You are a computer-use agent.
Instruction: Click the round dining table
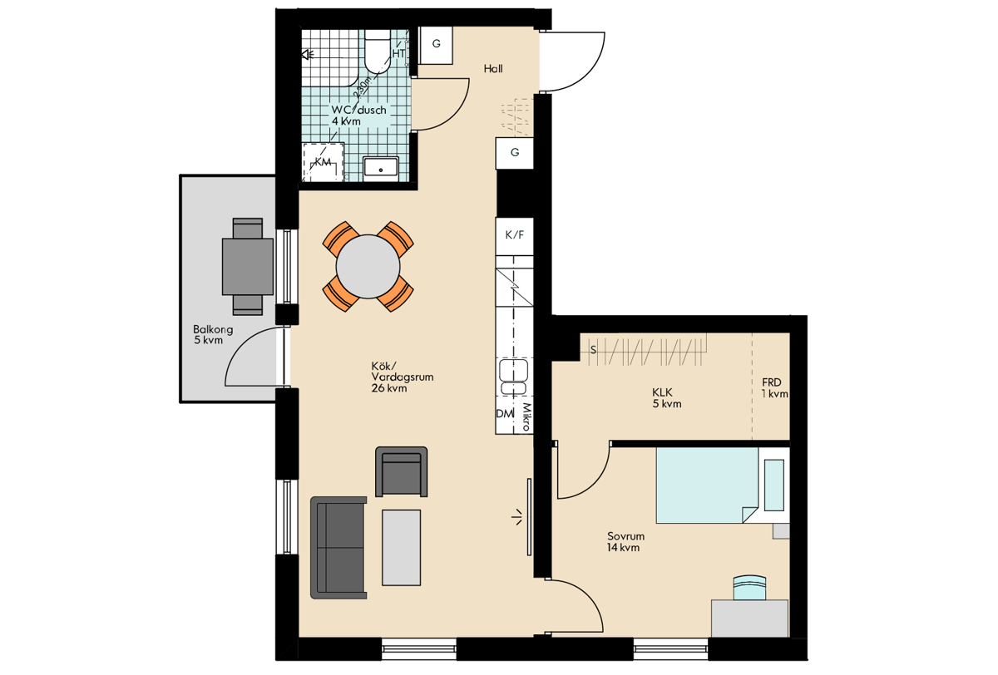click(368, 267)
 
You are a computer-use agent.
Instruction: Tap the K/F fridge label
click(515, 234)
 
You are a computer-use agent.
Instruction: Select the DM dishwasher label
click(505, 414)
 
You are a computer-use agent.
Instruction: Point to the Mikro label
click(527, 416)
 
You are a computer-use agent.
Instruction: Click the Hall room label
click(493, 68)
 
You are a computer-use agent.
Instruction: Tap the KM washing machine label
click(323, 161)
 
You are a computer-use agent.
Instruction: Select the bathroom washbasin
click(381, 167)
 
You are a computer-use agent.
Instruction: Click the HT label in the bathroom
click(398, 53)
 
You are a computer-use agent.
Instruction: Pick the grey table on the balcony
click(248, 266)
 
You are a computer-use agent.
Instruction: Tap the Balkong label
click(213, 329)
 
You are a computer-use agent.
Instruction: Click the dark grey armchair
click(402, 471)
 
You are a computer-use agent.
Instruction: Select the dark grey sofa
click(338, 548)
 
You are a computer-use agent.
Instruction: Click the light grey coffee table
click(402, 547)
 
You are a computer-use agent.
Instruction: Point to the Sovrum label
click(626, 536)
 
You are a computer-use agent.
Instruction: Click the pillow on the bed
click(774, 485)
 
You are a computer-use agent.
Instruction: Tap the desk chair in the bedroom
click(750, 588)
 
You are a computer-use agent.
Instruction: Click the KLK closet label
click(663, 392)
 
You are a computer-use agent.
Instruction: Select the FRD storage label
click(772, 382)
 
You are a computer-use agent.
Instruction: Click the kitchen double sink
click(514, 377)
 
